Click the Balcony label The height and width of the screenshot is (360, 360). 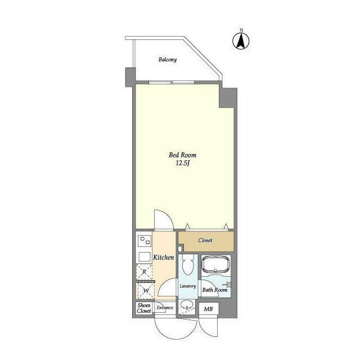tap(168, 60)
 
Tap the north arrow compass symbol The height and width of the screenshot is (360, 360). tap(241, 41)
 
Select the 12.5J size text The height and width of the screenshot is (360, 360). tap(182, 163)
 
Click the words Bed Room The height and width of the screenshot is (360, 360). tap(182, 155)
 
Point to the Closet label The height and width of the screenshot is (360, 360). tap(205, 240)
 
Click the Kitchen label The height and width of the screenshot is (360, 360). tap(164, 258)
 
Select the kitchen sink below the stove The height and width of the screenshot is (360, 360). tap(145, 256)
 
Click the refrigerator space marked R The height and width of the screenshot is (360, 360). tap(144, 272)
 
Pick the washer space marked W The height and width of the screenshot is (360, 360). tap(146, 291)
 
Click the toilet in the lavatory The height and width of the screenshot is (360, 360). tap(188, 264)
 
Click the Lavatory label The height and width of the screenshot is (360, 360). tap(188, 286)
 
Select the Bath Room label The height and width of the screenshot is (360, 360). tap(215, 290)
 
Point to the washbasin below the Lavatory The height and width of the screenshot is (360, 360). tap(187, 305)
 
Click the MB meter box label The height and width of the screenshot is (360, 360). tap(208, 309)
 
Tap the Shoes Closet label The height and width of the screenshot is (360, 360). tap(144, 308)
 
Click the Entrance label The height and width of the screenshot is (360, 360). tap(165, 308)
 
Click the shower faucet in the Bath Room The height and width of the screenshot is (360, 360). tap(227, 285)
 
